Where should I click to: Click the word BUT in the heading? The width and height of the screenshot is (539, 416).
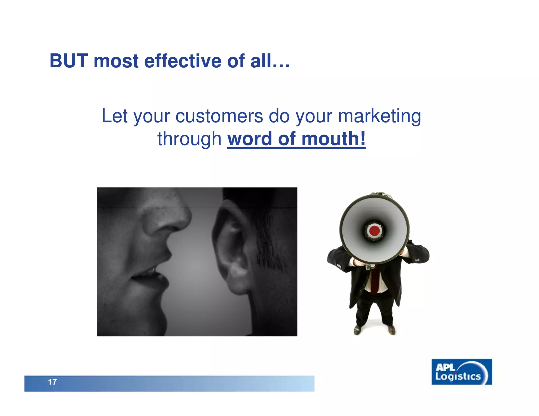tap(68, 61)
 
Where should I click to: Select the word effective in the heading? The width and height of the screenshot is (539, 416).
tap(183, 61)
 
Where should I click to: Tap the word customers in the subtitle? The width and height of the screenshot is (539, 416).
tap(219, 116)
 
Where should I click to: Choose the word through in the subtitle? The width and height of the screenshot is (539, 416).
tap(189, 139)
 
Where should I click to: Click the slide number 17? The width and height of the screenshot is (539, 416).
tap(52, 382)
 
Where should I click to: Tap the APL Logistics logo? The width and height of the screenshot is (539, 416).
tap(462, 372)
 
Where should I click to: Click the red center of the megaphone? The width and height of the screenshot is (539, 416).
tap(374, 231)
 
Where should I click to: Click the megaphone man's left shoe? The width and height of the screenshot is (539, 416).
tap(391, 330)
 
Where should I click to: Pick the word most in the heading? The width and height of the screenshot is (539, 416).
tap(116, 61)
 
